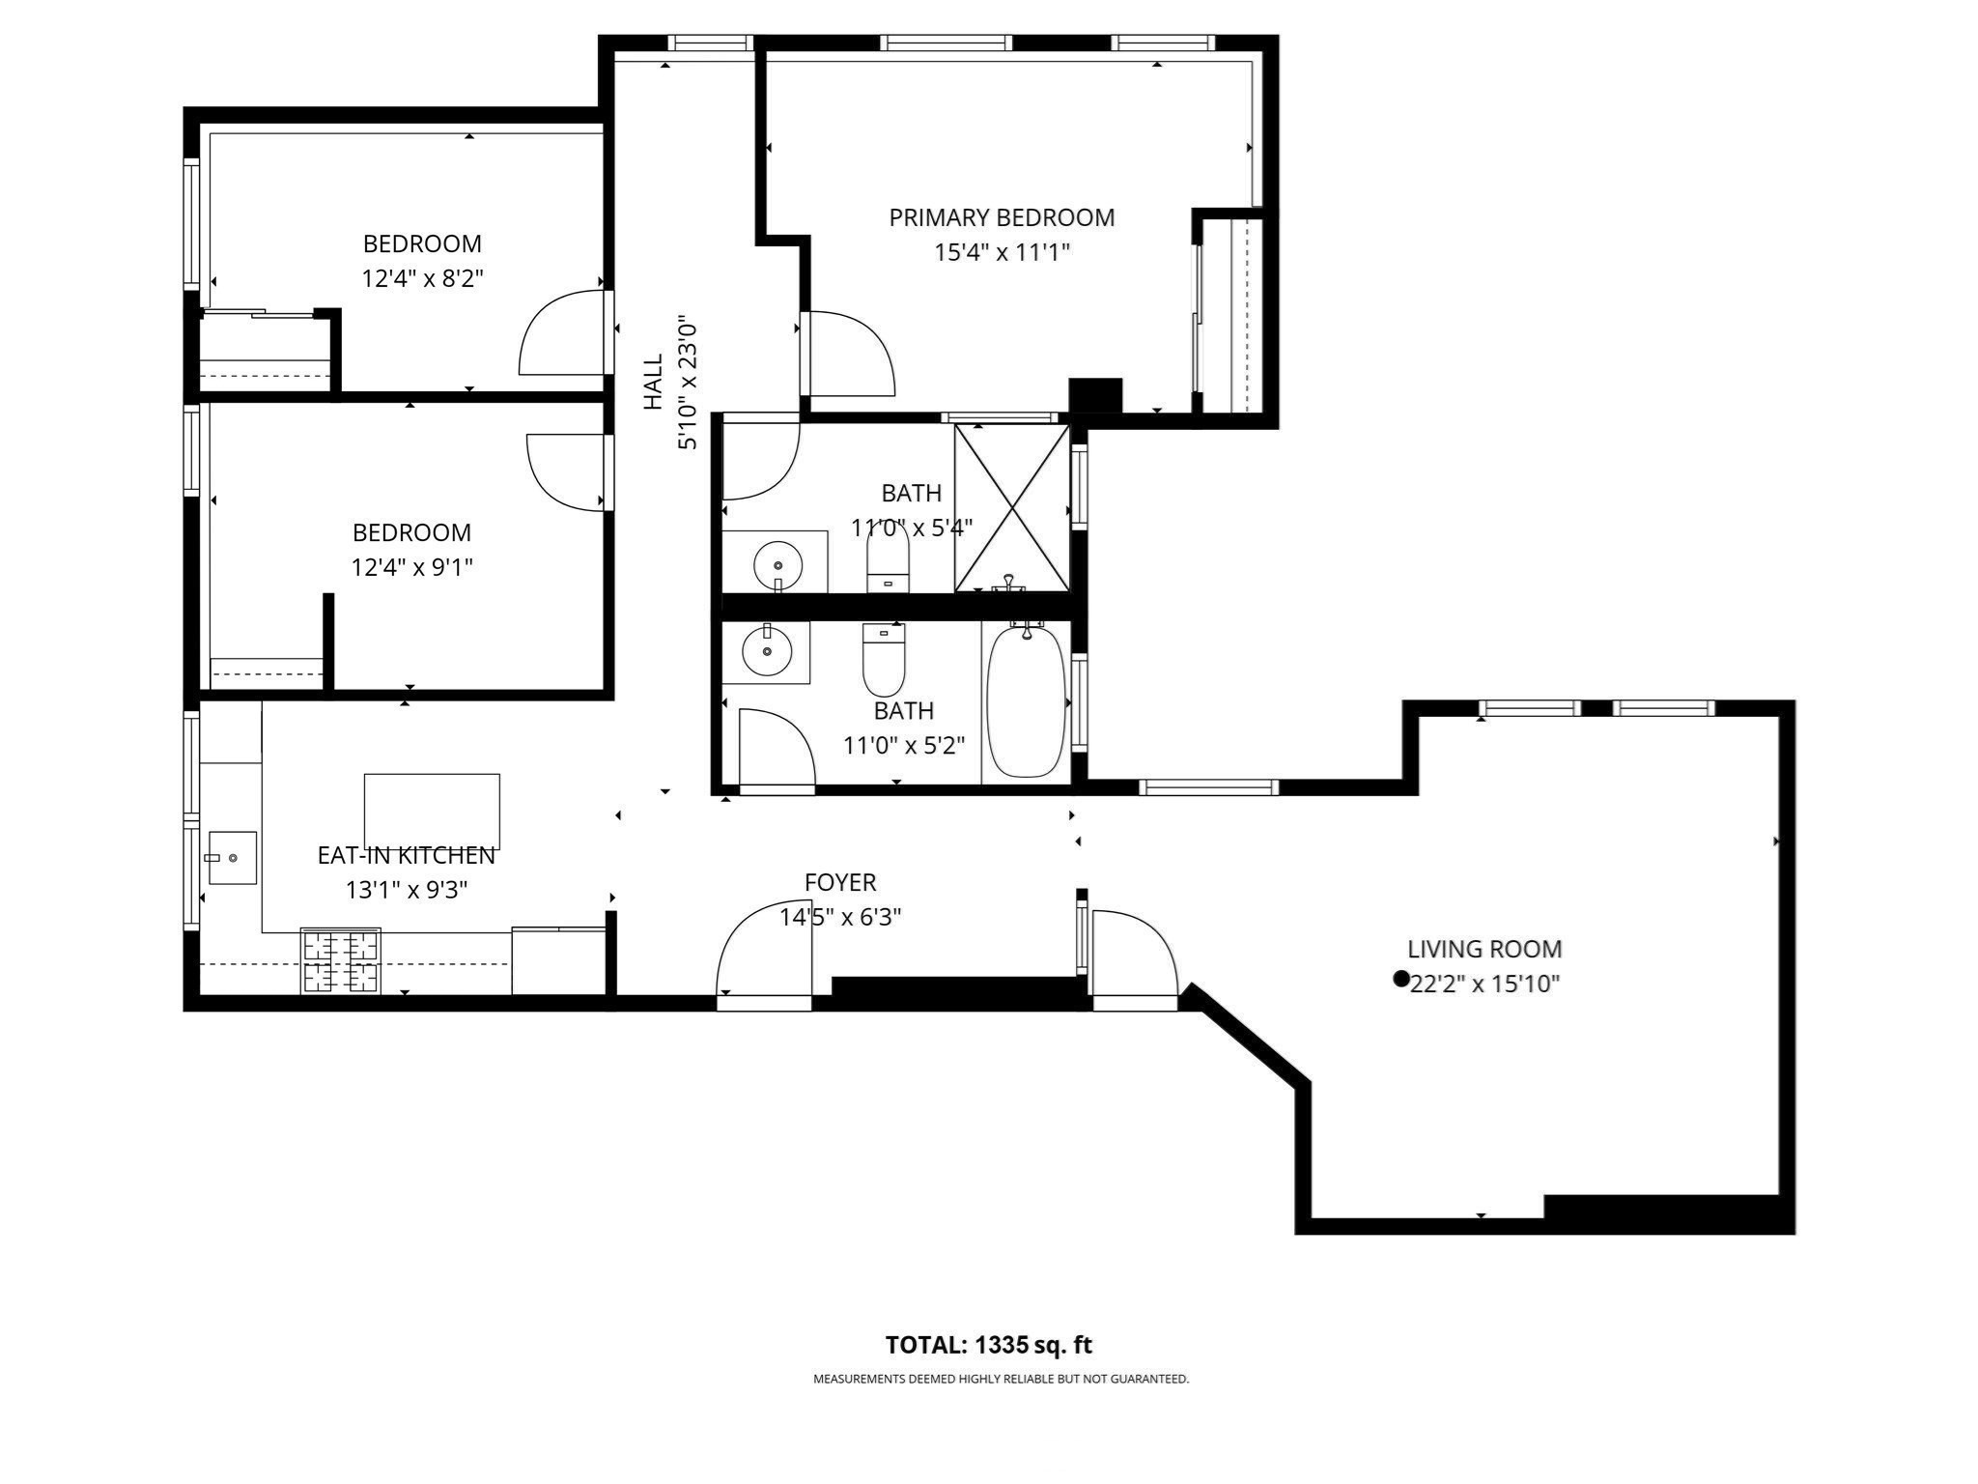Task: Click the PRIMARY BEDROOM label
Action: click(x=1002, y=217)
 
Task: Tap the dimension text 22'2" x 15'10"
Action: click(x=1485, y=984)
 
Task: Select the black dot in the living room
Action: click(x=1400, y=979)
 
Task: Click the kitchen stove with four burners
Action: click(x=341, y=960)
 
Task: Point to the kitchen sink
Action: click(x=232, y=857)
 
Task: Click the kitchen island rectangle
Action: click(x=432, y=811)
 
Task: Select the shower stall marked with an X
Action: click(x=1011, y=507)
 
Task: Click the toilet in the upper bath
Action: click(x=888, y=561)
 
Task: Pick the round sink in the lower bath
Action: click(x=766, y=652)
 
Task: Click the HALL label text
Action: click(x=654, y=382)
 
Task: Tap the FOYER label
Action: click(x=840, y=882)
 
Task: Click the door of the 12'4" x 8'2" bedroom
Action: click(x=563, y=333)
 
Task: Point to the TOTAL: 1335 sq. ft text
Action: click(x=988, y=1345)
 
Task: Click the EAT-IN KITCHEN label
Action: click(x=406, y=855)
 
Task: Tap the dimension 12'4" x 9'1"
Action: click(x=411, y=567)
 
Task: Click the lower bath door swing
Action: click(x=776, y=749)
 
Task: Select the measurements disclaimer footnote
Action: click(x=1001, y=1380)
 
